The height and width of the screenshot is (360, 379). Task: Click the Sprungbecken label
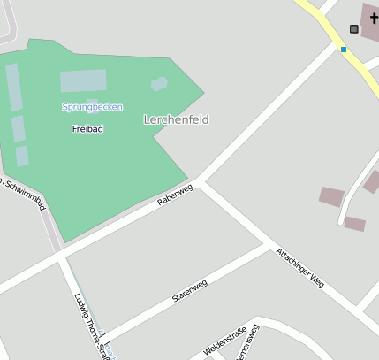92,107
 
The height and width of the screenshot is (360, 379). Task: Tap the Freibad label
87,129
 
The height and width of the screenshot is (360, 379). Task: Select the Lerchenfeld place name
176,119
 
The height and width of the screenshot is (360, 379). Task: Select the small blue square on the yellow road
344,50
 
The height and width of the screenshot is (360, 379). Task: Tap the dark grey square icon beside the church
354,29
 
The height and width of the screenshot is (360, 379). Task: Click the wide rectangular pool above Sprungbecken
83,81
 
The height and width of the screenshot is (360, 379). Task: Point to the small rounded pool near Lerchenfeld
159,84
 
